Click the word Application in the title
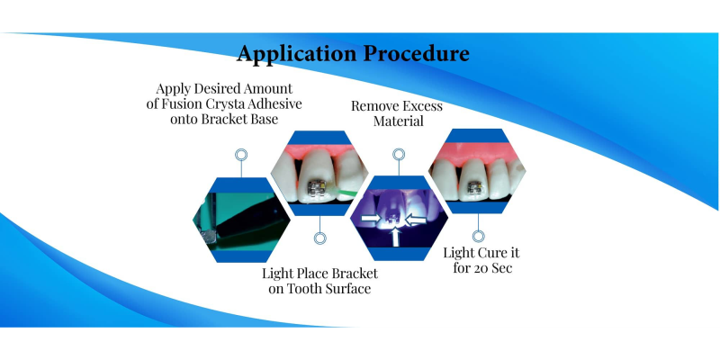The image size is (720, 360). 297,54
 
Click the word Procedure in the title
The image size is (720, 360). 417,53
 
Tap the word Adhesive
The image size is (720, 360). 274,103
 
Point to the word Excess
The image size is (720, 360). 419,106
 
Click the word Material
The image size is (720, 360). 398,121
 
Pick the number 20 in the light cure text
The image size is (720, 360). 482,267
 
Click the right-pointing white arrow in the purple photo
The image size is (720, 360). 372,219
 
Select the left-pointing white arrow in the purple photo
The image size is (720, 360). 417,220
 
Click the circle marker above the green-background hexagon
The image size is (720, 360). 241,155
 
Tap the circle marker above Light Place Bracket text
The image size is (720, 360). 320,238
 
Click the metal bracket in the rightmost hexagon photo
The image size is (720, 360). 475,187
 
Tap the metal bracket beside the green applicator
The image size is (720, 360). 317,187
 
